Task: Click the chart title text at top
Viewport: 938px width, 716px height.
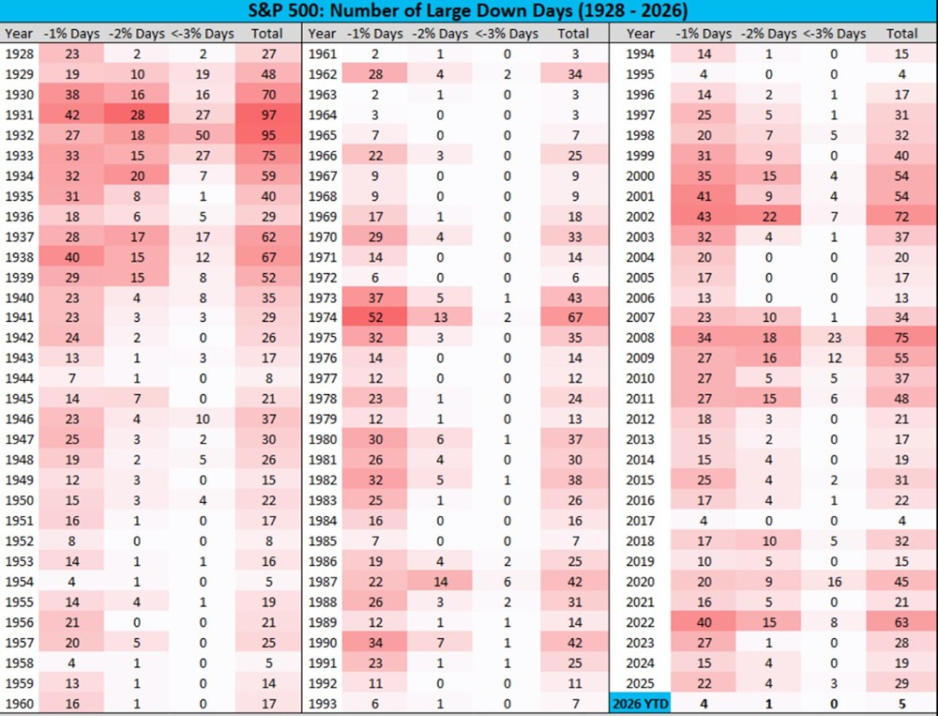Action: pyautogui.click(x=468, y=12)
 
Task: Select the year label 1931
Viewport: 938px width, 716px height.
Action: pyautogui.click(x=19, y=115)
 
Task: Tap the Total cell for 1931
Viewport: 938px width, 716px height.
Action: pyautogui.click(x=268, y=115)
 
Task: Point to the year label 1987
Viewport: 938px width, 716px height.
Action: pyautogui.click(x=324, y=581)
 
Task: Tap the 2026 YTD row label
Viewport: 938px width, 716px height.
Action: pyautogui.click(x=639, y=703)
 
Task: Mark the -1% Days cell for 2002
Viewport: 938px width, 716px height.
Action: pyautogui.click(x=704, y=217)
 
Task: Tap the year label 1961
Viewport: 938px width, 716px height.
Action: pyautogui.click(x=324, y=54)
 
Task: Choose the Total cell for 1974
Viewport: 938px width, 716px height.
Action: pyautogui.click(x=574, y=317)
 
